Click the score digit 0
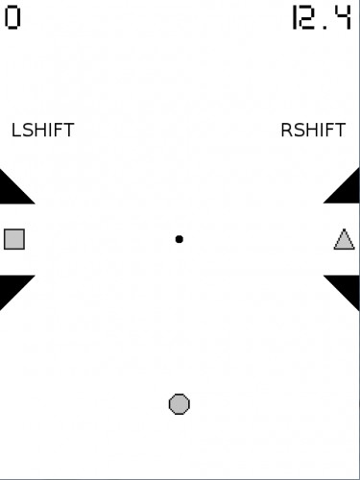[x=12, y=18]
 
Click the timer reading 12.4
[x=322, y=18]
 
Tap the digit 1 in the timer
[x=295, y=18]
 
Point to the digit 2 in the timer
[x=306, y=18]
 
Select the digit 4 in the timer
[x=343, y=18]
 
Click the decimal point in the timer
[x=325, y=28]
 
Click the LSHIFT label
[x=43, y=130]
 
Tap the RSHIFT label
[x=313, y=130]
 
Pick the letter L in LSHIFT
[x=15, y=130]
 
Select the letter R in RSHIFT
[x=286, y=130]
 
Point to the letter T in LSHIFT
[x=69, y=130]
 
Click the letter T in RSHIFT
[x=340, y=130]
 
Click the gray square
[x=14, y=239]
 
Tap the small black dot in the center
[x=180, y=239]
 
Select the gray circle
[x=180, y=404]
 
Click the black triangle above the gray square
[x=12, y=192]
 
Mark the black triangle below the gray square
[x=12, y=287]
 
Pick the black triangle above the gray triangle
[x=348, y=191]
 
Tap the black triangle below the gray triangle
[x=348, y=287]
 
